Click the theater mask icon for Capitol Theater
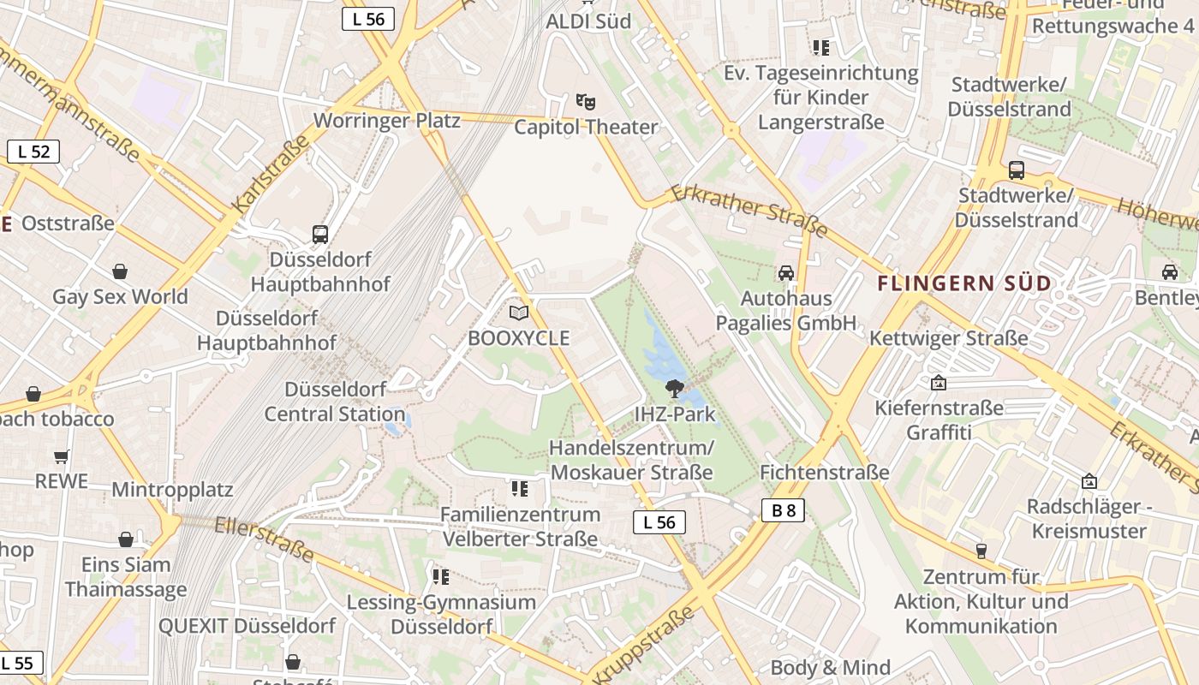(x=586, y=102)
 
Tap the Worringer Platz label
(x=387, y=120)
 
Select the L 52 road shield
(x=33, y=152)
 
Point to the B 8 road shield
(x=783, y=510)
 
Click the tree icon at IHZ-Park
(x=675, y=388)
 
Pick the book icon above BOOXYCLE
(x=518, y=313)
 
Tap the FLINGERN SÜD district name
(x=964, y=283)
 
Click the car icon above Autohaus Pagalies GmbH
(x=785, y=273)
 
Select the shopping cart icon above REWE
(x=61, y=456)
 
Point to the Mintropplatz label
(x=172, y=491)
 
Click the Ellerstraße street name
(x=265, y=539)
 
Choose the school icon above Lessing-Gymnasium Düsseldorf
(x=441, y=576)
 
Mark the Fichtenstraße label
(x=825, y=473)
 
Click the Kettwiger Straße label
(x=948, y=338)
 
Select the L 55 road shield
(x=19, y=662)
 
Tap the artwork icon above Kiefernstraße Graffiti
(x=939, y=383)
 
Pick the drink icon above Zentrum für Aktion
(x=981, y=551)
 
